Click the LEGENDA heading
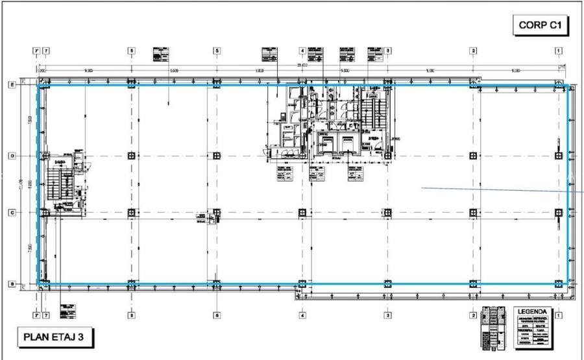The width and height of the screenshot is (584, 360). click(x=532, y=312)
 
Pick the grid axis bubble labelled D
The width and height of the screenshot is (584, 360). click(x=12, y=156)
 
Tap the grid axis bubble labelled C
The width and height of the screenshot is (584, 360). click(x=12, y=212)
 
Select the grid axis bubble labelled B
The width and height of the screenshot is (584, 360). click(x=12, y=283)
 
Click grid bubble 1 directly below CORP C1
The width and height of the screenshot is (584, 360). click(x=558, y=50)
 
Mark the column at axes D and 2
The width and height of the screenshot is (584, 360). click(x=474, y=156)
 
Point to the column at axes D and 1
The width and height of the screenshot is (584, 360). click(x=558, y=156)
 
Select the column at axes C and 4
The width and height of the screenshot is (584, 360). click(x=302, y=212)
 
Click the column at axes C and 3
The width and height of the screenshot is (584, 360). click(x=387, y=212)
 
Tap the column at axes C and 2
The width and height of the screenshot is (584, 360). click(x=474, y=212)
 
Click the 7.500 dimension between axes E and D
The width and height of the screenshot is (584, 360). click(x=29, y=120)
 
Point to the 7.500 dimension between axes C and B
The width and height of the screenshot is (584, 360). click(x=29, y=248)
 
